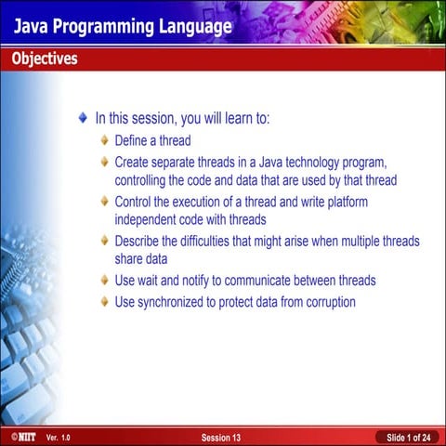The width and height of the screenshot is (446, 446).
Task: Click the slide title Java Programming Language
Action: coord(122,27)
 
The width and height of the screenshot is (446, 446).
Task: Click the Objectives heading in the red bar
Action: coord(45,59)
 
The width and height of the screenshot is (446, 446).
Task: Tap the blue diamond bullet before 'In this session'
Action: coord(84,119)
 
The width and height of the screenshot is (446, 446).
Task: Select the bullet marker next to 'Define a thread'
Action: coord(105,140)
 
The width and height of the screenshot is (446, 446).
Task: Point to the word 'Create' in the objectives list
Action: coord(134,163)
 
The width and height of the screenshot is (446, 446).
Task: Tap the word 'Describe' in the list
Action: coord(140,241)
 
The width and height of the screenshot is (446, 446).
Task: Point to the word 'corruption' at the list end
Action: coord(324,301)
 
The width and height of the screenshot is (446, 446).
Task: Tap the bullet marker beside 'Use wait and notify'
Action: coord(105,280)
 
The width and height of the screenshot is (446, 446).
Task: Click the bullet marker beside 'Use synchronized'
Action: coord(105,301)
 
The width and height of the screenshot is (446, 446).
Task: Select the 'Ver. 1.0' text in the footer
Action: coord(58,436)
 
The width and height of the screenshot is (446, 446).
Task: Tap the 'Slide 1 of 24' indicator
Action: coord(408,436)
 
